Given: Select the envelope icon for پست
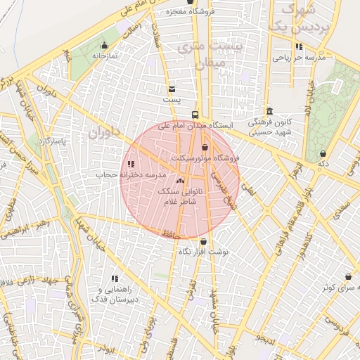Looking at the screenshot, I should pos(172,89).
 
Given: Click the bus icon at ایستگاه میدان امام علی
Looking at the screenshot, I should pos(195,115).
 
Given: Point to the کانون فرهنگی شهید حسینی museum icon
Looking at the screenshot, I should pos(270,112).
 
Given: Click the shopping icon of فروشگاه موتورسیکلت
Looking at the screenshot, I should pos(205,148).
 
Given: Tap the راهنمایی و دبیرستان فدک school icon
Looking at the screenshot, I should pos(115,280).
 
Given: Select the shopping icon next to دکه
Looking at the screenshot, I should pos(323,154).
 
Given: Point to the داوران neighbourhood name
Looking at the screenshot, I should pos(105,131).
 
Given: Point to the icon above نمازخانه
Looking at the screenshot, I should pos(104,46).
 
